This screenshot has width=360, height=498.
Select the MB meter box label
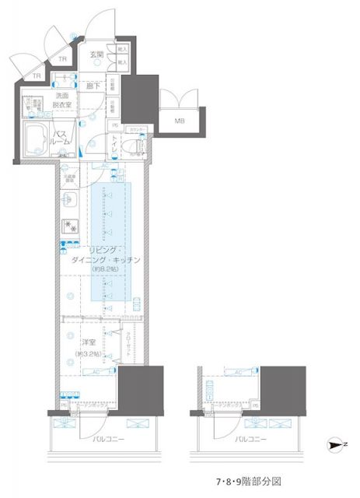tap(180, 120)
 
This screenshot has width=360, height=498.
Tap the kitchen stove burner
tap(69, 227)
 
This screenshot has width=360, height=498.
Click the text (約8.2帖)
tap(103, 269)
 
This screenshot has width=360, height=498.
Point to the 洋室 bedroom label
tap(87, 342)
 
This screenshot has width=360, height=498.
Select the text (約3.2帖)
tap(87, 354)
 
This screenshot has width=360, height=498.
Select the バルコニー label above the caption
tap(249, 440)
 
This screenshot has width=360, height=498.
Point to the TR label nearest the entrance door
tap(63, 59)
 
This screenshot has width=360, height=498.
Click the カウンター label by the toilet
tap(138, 128)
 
